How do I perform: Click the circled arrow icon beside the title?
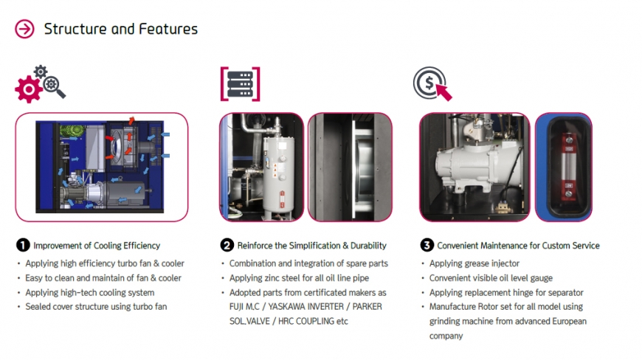point(24,29)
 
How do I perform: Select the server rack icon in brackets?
point(241,84)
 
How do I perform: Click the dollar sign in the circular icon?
point(429,83)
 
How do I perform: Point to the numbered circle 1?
point(23,245)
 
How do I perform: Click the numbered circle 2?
point(227,245)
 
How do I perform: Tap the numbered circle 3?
point(427,245)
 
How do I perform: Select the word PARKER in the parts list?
point(367,307)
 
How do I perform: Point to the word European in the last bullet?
point(569,321)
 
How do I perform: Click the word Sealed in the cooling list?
point(37,307)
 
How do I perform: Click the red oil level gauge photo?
point(563,167)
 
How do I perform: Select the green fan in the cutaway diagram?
point(72,131)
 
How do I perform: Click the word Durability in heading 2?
point(368,246)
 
